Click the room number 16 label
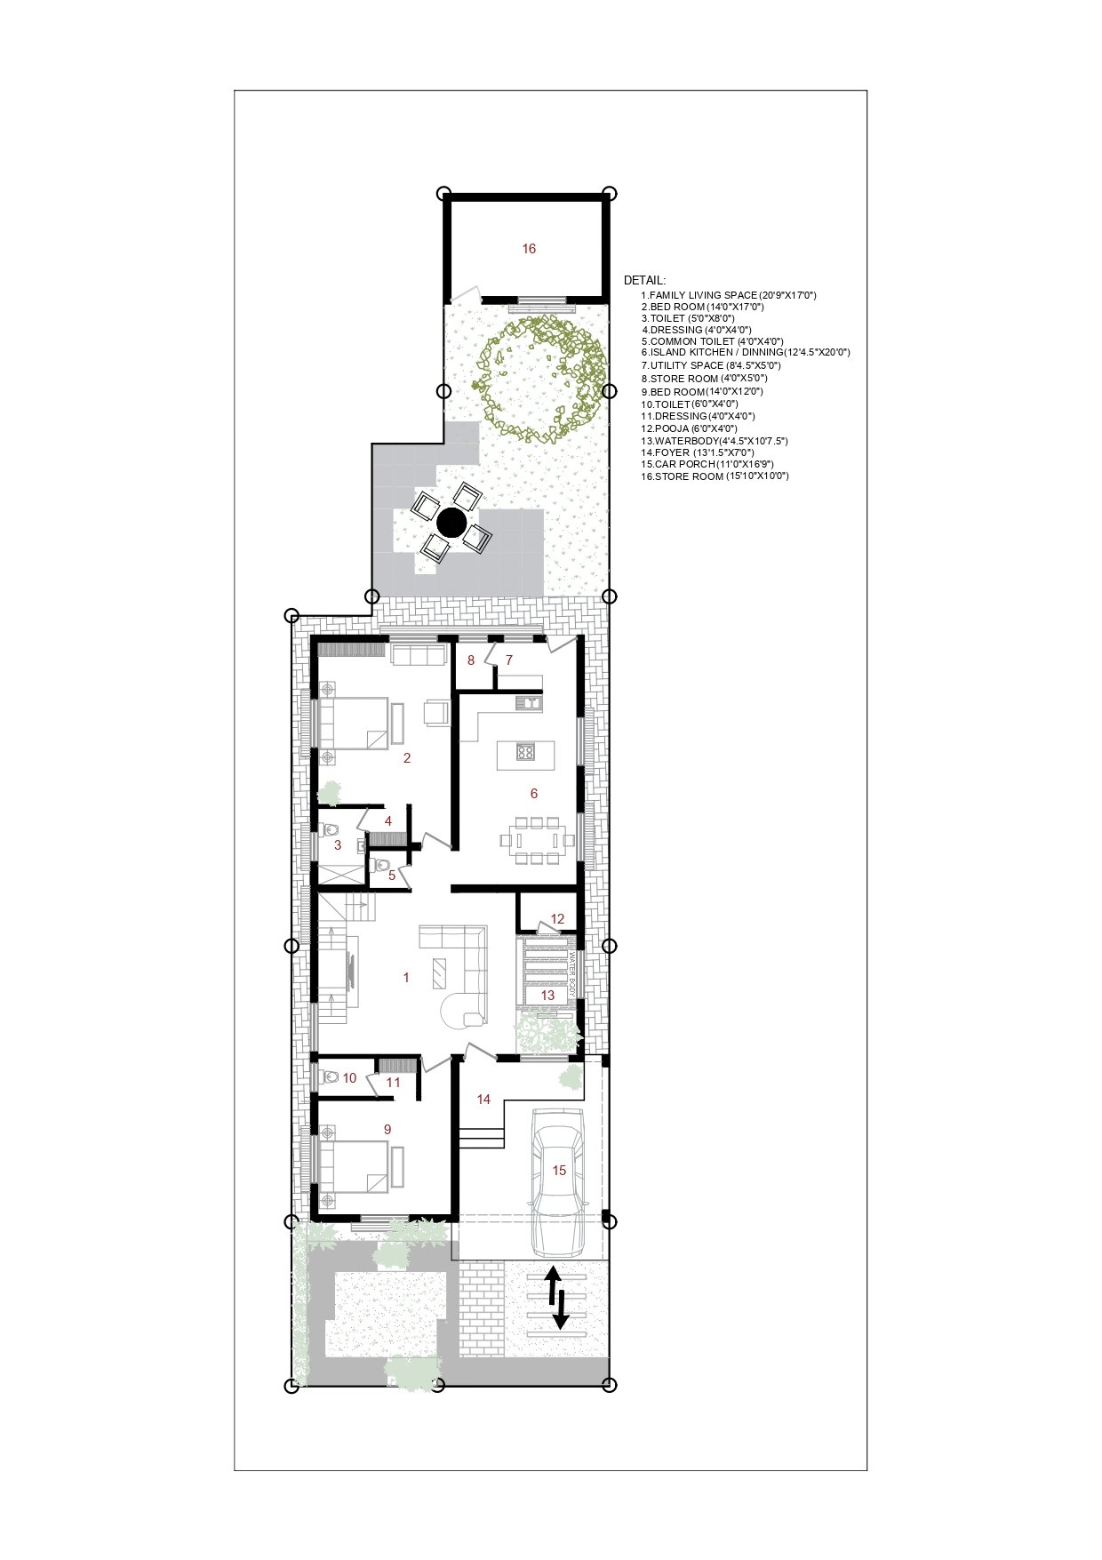click(529, 249)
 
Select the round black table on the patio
click(451, 523)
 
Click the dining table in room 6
click(531, 839)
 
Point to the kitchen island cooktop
click(524, 752)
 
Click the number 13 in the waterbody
click(547, 996)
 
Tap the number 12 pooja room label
click(557, 919)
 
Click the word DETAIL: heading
click(644, 280)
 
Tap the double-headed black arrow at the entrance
click(556, 1298)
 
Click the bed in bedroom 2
click(353, 722)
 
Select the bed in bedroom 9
click(353, 1166)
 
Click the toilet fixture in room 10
click(329, 1077)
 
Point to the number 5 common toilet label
click(391, 876)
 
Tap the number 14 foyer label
click(483, 1100)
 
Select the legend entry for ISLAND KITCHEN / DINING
click(745, 352)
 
